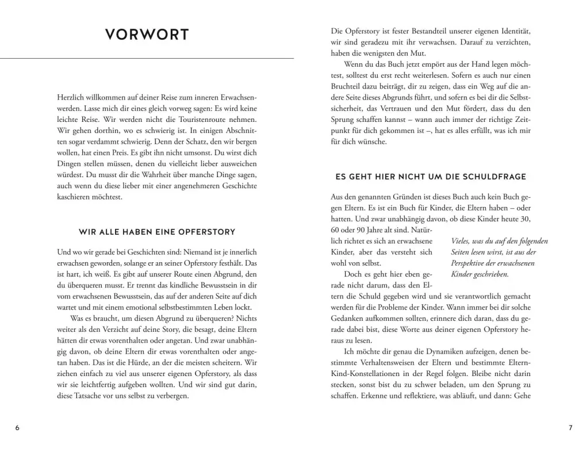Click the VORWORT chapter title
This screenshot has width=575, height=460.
[x=147, y=34]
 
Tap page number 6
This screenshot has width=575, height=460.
[x=17, y=428]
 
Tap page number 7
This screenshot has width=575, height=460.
[x=570, y=428]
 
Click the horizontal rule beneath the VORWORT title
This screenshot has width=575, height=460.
[x=147, y=58]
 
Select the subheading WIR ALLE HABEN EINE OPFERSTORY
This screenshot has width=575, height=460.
[x=157, y=232]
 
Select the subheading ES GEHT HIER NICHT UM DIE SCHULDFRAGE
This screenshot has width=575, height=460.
[x=430, y=177]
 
